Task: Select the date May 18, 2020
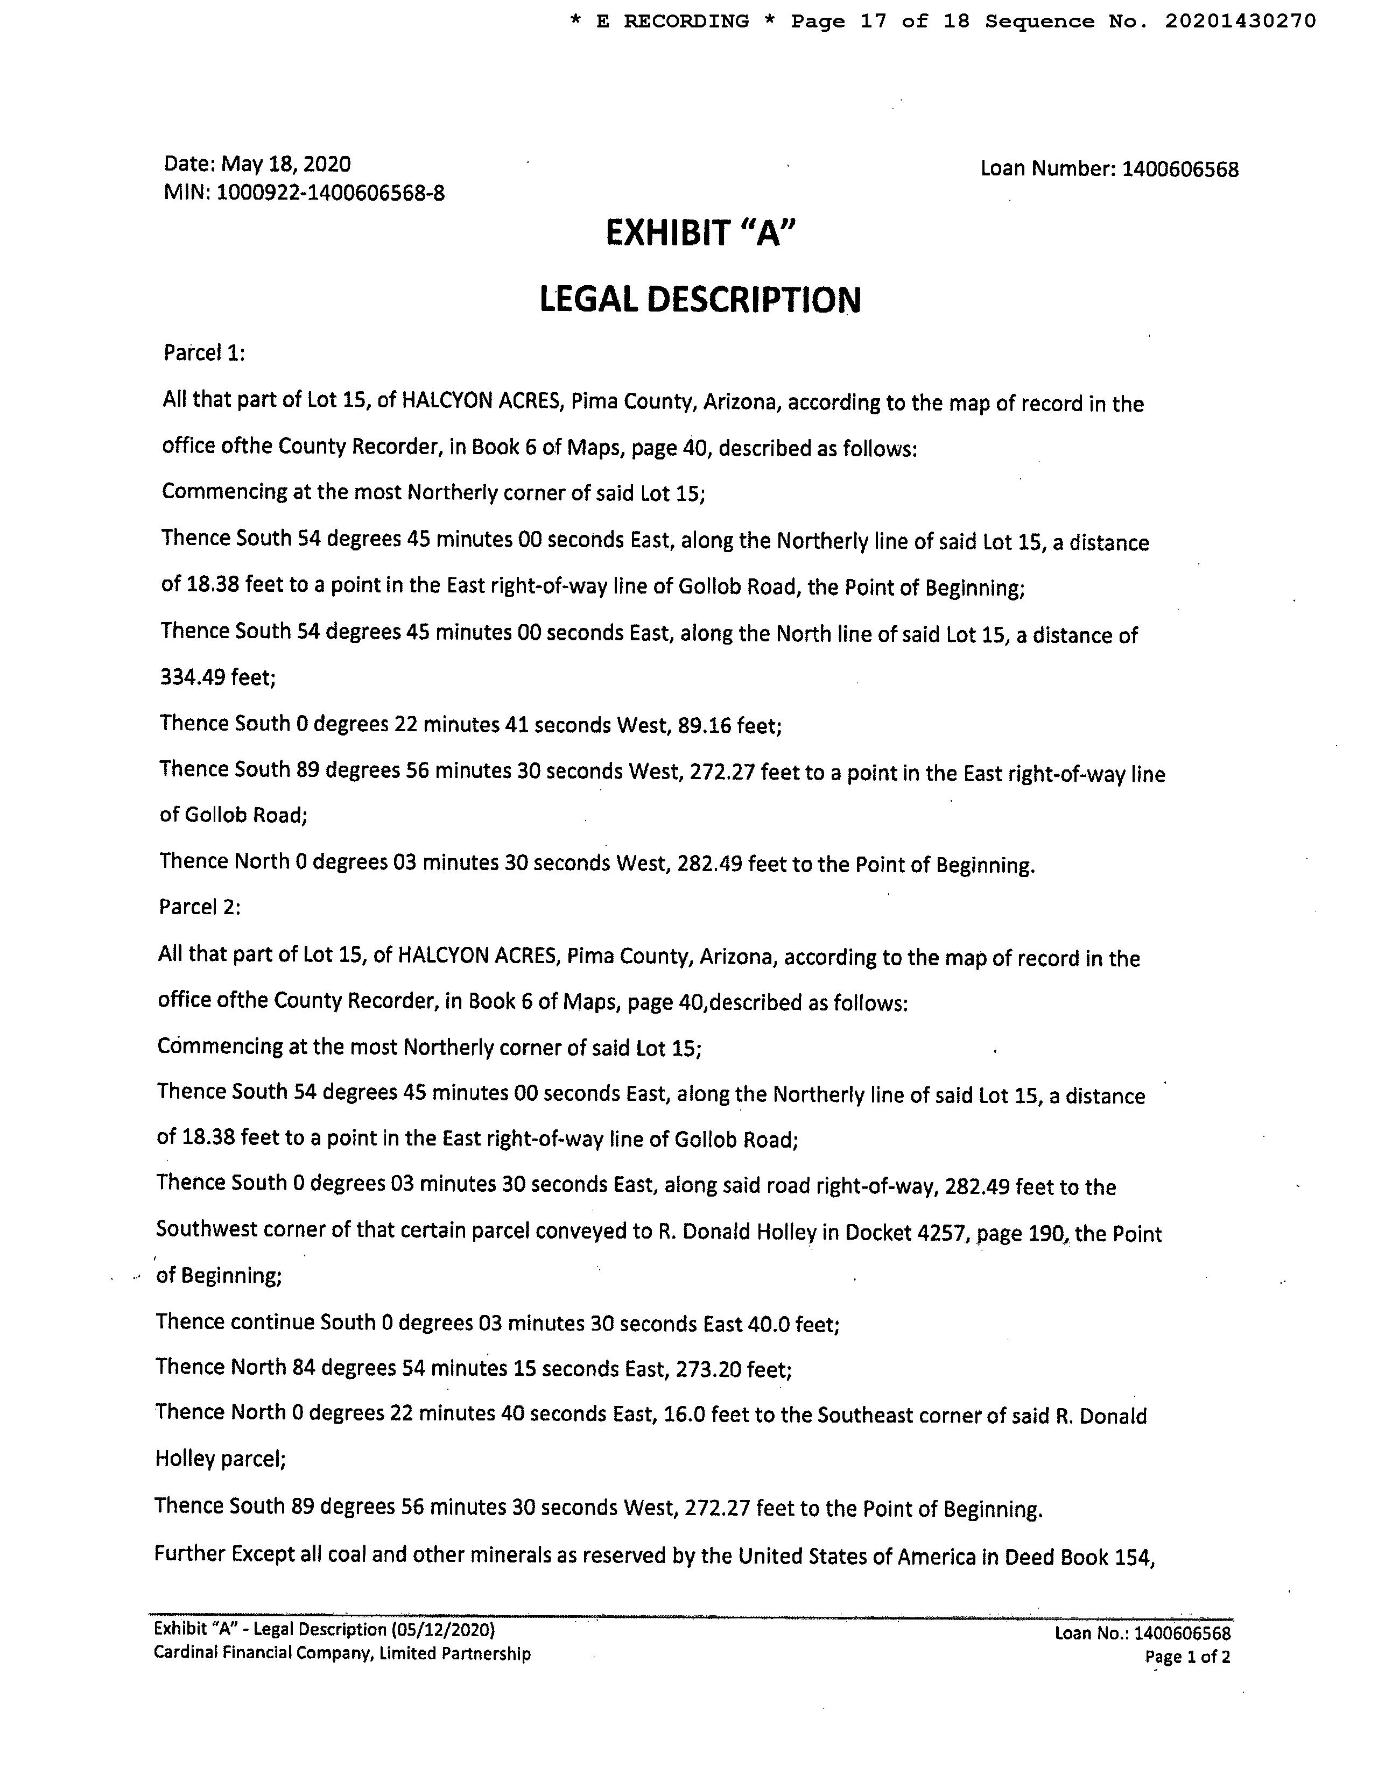pos(286,164)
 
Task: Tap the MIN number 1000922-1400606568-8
pos(331,193)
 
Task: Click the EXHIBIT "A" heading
pos(700,234)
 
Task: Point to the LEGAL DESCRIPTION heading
pos(700,300)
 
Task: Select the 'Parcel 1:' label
pos(204,353)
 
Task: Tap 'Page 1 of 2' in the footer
pos(1187,1656)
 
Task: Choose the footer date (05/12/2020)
pos(444,1629)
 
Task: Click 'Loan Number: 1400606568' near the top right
pos(1109,169)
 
